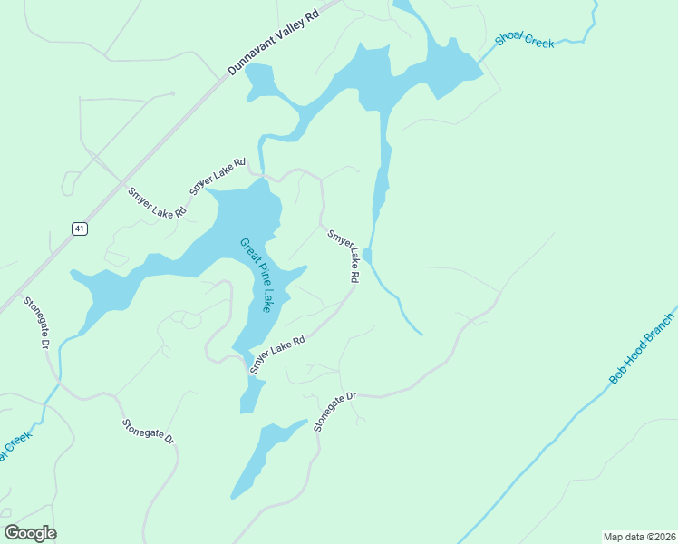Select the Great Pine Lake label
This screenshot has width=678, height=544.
(257, 275)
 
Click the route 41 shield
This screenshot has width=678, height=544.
(80, 229)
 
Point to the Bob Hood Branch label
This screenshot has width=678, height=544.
(643, 349)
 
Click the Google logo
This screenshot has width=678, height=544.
(30, 532)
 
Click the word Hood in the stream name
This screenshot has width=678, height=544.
(643, 349)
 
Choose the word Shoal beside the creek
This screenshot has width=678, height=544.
(510, 38)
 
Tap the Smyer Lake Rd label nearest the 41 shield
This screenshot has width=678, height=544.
(157, 201)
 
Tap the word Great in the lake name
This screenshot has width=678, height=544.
(246, 249)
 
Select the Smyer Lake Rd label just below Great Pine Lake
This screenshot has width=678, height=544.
(277, 354)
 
